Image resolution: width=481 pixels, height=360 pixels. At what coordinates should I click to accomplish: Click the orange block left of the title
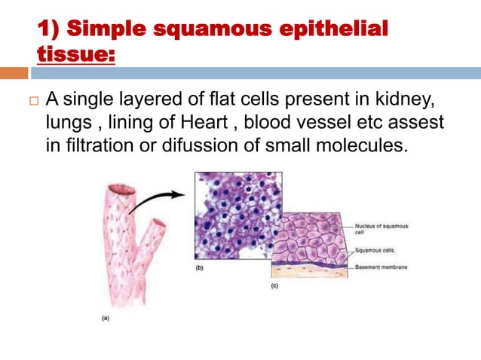point(14,73)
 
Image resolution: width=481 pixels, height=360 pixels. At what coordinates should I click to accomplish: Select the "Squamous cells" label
point(377,249)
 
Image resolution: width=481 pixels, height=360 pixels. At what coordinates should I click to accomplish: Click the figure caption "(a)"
point(107,319)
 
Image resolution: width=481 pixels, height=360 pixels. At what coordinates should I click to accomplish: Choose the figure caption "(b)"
point(200,267)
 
